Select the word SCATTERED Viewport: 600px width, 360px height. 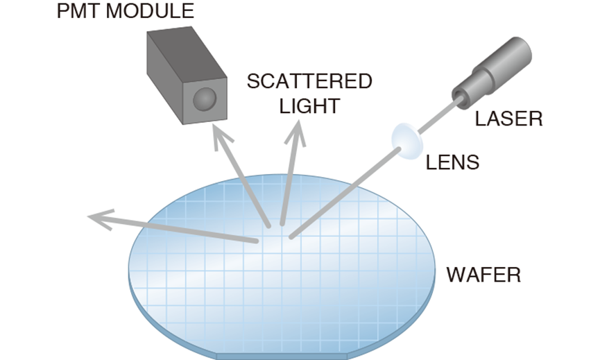(x=309, y=81)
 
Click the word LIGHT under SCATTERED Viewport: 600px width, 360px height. (x=309, y=106)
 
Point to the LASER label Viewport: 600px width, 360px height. (x=508, y=119)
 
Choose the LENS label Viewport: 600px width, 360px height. (x=452, y=163)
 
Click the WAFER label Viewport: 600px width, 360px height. (x=483, y=275)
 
